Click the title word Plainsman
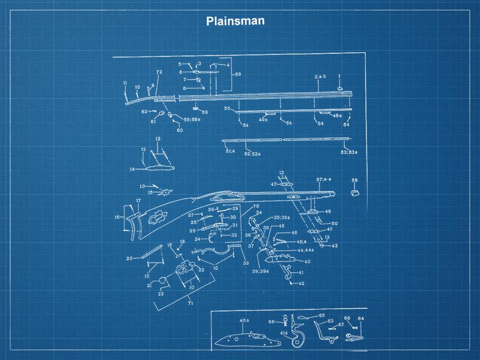point(235,21)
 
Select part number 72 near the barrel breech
point(159,72)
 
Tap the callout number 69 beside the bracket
point(238,74)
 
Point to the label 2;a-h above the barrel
point(320,77)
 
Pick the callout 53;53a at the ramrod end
point(349,152)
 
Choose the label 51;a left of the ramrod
point(230,152)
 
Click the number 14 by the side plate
point(131,169)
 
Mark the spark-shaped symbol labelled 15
point(167,191)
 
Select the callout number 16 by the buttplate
point(117,217)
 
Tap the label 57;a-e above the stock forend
point(324,179)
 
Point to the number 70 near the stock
point(256,206)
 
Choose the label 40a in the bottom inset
point(244,321)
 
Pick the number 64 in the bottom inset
point(361,318)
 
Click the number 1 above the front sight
point(340,76)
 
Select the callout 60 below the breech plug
point(180,130)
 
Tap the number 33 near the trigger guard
point(246,263)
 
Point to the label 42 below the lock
point(301,284)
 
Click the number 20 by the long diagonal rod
point(129,258)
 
